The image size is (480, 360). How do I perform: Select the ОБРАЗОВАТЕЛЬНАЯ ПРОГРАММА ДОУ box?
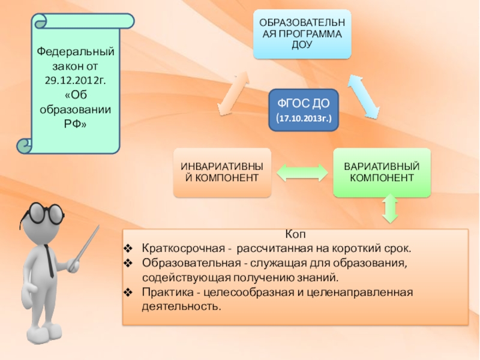coord(302,34)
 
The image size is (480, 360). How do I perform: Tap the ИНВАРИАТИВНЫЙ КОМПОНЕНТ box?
coord(222,172)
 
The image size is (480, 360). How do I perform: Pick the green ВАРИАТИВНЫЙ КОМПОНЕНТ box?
coord(382,172)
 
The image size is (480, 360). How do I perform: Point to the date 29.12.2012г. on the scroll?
coord(75,80)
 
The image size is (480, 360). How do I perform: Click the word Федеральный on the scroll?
coord(75,52)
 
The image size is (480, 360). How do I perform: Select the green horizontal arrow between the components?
coord(302,173)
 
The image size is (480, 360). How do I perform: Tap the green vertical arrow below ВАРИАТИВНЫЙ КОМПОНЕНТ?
coord(390,209)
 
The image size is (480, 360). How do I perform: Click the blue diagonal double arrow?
coord(364,95)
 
